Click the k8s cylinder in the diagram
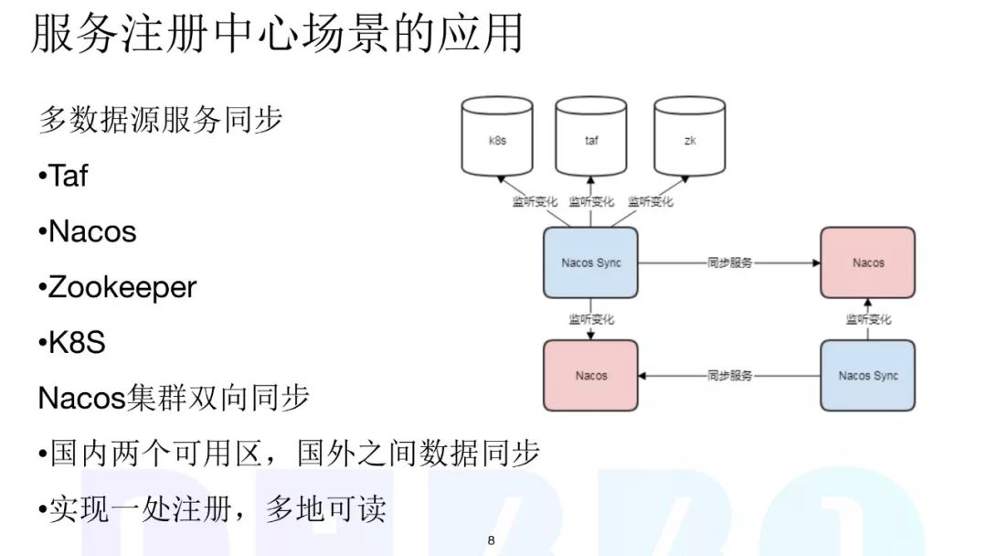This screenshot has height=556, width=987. [497, 140]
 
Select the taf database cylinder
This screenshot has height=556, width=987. [591, 140]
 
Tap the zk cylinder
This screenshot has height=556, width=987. [689, 140]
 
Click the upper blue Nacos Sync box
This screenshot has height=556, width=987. [590, 262]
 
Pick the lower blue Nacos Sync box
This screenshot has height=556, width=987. [867, 375]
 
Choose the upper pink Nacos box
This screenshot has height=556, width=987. [867, 262]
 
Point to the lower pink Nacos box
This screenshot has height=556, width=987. [590, 375]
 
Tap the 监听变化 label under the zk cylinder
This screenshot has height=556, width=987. [650, 201]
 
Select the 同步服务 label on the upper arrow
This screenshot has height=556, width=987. [729, 262]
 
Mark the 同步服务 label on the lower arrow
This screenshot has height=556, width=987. [729, 375]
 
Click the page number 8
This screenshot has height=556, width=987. [491, 541]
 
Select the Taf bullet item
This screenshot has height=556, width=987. [64, 176]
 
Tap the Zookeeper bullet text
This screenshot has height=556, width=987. [118, 287]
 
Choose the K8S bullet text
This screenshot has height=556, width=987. [72, 343]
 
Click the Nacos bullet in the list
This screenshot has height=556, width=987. [88, 231]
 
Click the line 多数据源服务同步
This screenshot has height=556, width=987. [161, 120]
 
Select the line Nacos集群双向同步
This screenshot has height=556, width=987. [174, 398]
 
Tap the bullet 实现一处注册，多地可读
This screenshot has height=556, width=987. [213, 509]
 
